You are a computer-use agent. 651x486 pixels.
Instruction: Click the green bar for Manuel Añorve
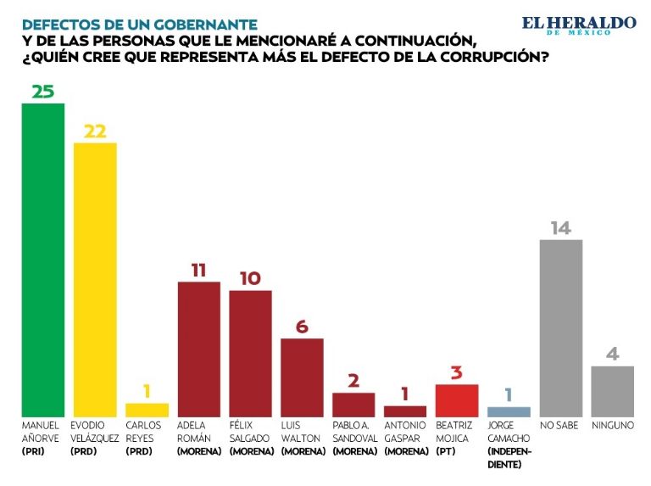[x=43, y=259]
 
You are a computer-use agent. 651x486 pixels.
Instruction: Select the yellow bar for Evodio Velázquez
[x=95, y=278]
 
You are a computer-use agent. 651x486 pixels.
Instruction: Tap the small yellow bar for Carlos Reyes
[x=147, y=410]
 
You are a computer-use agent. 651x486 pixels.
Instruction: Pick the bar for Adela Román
[x=198, y=348]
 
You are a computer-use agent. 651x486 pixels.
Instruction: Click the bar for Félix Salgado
[x=250, y=352]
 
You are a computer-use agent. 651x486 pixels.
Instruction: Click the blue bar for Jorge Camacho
[x=509, y=411]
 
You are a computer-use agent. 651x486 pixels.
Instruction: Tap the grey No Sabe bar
[x=560, y=327]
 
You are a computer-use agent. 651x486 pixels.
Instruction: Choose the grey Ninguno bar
[x=612, y=390]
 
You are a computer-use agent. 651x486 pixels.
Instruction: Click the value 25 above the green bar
[x=43, y=91]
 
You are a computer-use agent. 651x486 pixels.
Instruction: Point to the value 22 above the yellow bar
[x=95, y=131]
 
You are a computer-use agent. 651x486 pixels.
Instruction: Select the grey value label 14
[x=560, y=228]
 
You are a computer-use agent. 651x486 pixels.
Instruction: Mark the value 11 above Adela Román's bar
[x=198, y=270]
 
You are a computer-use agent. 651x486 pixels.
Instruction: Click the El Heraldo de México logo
[x=578, y=25]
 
